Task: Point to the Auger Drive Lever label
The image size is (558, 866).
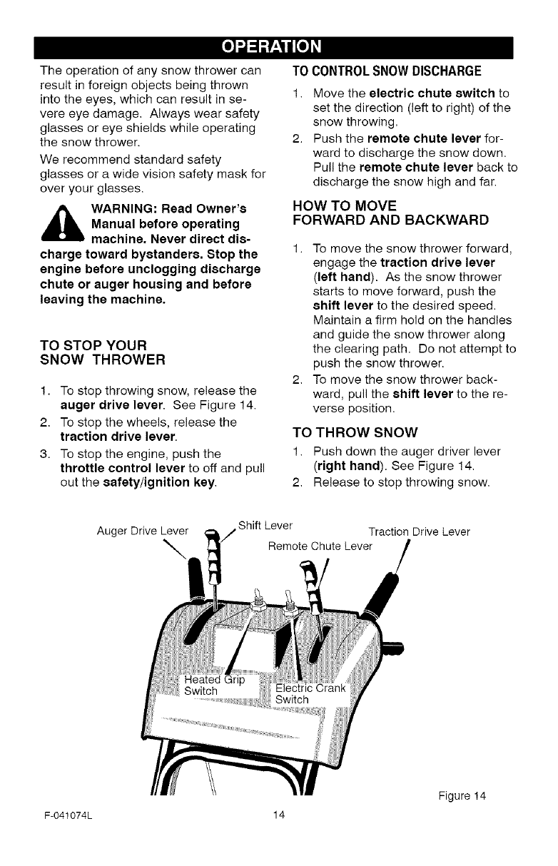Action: pos(143,531)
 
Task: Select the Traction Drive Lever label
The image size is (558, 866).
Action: pos(418,532)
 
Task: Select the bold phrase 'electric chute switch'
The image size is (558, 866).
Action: pos(434,93)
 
